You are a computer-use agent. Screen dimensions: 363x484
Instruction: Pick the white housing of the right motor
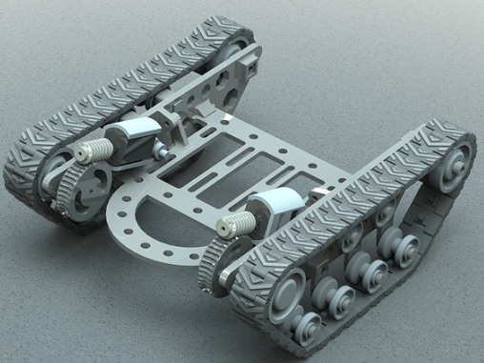(275, 204)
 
